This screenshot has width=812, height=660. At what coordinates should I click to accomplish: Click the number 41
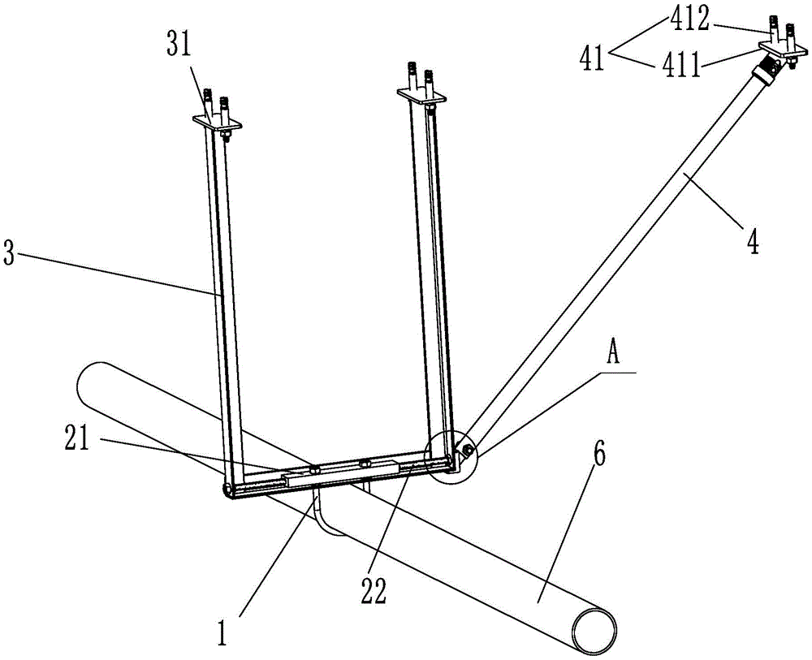point(593,58)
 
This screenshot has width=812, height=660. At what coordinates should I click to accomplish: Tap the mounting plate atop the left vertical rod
point(217,123)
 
